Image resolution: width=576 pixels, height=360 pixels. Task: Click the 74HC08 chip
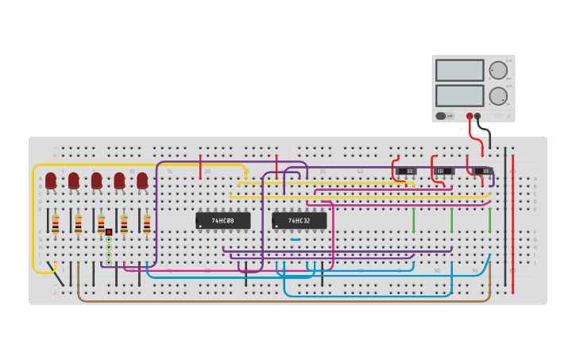(222, 220)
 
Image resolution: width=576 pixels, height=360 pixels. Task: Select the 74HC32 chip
(299, 220)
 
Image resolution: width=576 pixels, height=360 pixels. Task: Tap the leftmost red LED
(51, 180)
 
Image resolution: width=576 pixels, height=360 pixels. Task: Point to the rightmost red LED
(142, 180)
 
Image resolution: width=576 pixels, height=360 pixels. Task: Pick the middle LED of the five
(96, 180)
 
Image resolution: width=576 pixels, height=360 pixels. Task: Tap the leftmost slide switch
(406, 171)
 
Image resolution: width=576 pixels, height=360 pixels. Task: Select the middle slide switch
(444, 171)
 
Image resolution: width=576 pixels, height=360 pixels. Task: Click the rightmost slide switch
(482, 171)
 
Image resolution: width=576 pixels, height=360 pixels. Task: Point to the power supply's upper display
(459, 70)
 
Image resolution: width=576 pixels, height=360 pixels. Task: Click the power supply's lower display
(459, 95)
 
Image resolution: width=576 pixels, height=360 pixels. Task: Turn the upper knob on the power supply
(498, 70)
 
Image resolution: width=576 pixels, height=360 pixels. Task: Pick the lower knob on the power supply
(498, 96)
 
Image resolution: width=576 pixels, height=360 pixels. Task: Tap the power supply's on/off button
(441, 116)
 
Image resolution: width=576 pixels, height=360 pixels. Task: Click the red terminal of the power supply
(470, 116)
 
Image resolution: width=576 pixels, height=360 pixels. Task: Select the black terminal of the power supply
(477, 116)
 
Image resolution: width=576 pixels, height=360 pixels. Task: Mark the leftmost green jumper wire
(413, 219)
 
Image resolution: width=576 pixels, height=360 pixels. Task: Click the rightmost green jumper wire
(489, 219)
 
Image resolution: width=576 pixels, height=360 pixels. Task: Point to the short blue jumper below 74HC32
(296, 239)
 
